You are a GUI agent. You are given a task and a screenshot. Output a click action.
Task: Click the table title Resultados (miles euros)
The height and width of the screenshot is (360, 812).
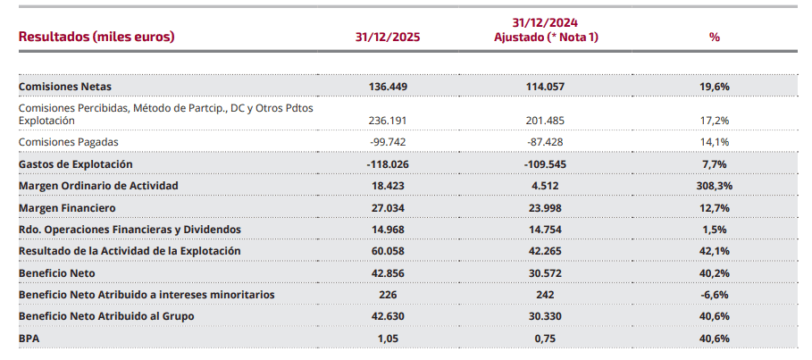96,37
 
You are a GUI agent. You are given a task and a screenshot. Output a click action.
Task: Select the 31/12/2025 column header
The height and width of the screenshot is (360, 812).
387,38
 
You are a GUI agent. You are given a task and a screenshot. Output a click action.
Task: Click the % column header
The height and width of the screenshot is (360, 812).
714,38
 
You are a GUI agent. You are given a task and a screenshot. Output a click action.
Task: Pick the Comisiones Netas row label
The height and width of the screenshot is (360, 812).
65,87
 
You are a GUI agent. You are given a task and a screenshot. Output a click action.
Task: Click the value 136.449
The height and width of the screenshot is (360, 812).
387,87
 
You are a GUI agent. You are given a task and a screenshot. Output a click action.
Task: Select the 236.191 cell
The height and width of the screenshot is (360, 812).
387,120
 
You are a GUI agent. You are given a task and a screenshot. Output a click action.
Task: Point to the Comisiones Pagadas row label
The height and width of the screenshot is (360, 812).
68,141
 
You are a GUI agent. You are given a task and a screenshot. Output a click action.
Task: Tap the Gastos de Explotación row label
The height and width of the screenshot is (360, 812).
75,163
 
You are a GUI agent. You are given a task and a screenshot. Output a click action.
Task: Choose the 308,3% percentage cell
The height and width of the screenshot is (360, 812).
714,185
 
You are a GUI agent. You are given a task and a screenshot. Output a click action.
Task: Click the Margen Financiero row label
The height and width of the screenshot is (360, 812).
66,207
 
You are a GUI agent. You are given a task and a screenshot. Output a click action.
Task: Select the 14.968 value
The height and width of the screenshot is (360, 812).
387,229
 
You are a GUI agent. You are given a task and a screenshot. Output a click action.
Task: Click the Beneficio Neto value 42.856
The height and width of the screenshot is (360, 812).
387,272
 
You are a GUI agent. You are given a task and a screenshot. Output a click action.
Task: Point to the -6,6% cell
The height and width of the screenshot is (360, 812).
714,294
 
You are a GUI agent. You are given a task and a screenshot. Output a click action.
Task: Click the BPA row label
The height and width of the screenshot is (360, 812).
29,338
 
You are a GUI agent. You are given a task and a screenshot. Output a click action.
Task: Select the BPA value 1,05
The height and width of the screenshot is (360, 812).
387,338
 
